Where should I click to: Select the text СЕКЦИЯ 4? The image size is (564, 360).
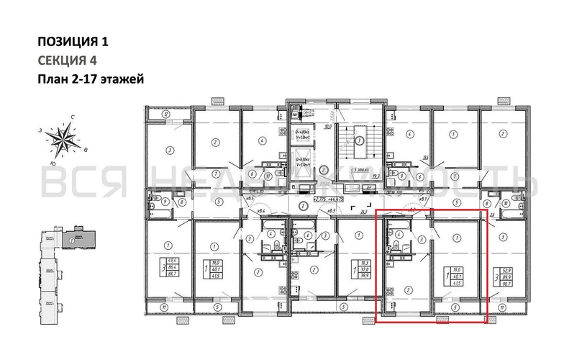65,60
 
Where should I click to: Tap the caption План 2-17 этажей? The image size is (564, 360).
91,79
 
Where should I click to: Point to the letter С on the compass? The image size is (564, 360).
73,116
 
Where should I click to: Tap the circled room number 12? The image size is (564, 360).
165,114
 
